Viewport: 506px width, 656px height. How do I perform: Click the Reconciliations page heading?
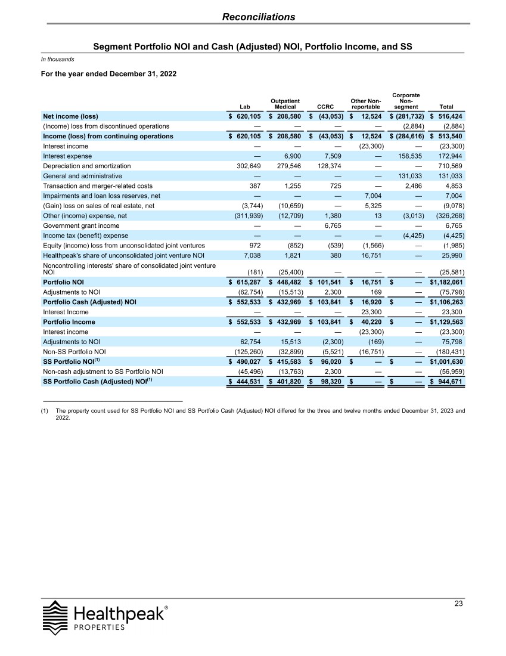coord(259,17)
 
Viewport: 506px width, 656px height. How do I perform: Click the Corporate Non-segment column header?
coord(406,101)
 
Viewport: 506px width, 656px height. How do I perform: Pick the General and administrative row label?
coord(82,176)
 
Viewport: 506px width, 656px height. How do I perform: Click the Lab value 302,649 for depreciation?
coord(244,166)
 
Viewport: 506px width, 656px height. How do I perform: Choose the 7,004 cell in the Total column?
coord(452,196)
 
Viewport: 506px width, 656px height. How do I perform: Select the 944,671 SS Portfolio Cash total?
coord(450,381)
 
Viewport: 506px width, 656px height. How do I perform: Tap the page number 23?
coord(458,604)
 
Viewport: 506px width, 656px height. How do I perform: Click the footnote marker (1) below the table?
coord(44,411)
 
